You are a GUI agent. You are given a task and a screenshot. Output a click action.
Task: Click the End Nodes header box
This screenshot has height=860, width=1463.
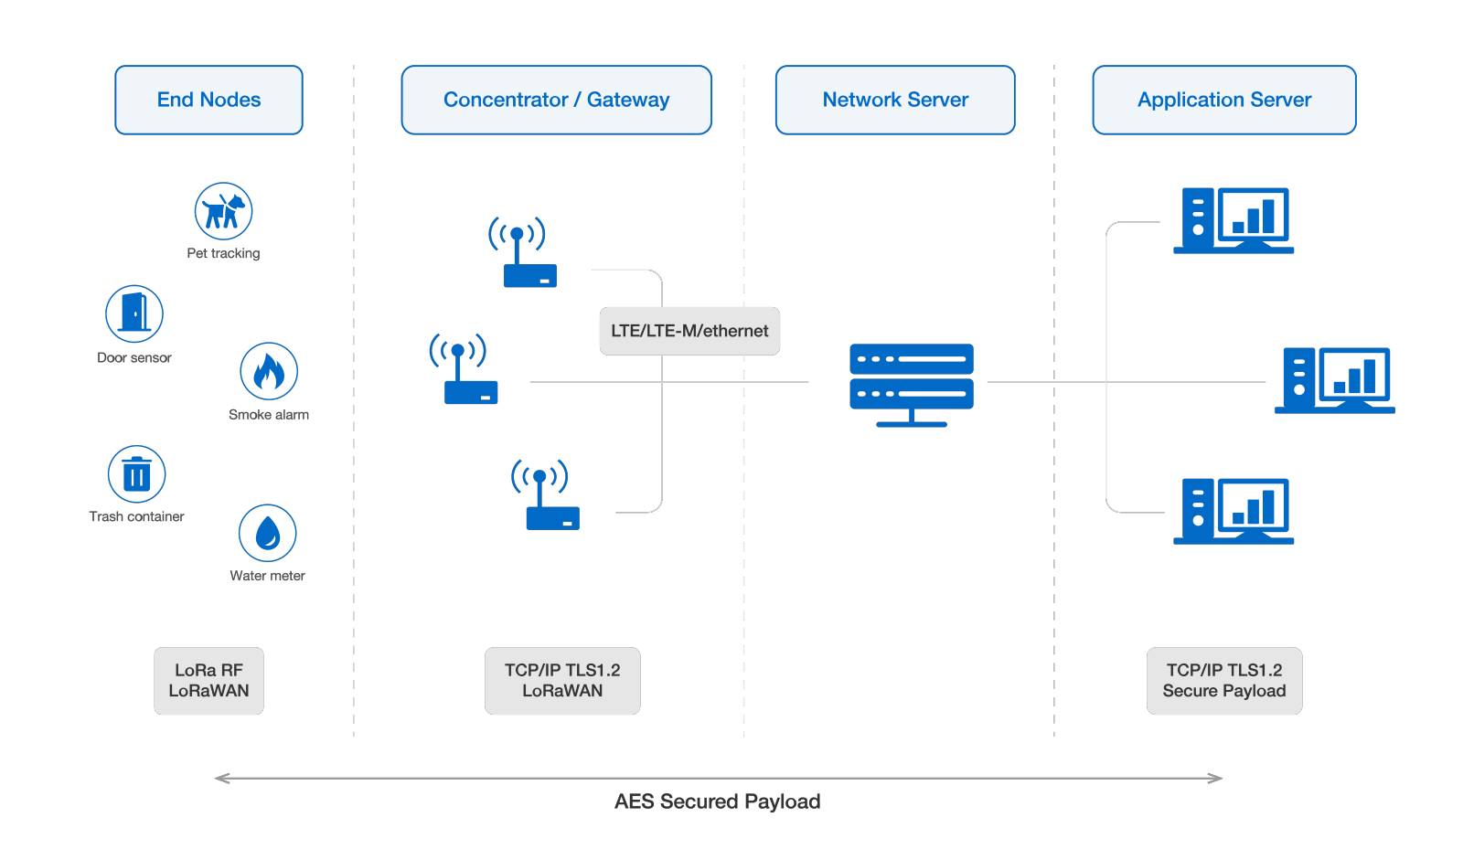(208, 100)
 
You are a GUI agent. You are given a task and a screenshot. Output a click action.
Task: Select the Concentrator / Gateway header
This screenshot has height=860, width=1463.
(556, 100)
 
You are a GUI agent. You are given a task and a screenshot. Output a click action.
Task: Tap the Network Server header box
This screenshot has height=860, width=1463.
(895, 100)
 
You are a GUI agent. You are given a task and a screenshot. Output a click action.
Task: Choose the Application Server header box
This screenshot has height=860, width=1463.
(1223, 100)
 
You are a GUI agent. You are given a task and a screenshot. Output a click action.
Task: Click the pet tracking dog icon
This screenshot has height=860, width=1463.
(223, 211)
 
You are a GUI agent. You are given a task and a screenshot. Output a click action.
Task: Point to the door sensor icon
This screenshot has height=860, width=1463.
(134, 313)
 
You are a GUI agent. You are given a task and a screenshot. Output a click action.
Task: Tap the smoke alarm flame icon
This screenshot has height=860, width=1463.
(269, 371)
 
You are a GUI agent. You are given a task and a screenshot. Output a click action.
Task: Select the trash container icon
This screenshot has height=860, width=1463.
(137, 474)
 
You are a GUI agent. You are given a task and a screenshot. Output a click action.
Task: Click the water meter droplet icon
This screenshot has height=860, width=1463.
(267, 533)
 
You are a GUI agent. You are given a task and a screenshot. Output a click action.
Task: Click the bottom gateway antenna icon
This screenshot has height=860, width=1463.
(546, 494)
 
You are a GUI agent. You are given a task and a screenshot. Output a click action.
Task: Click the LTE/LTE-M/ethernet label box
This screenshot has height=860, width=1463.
(689, 331)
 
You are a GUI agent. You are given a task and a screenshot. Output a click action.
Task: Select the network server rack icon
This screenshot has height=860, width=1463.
(912, 384)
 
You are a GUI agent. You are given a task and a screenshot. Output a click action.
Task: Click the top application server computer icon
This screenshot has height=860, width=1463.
(1233, 220)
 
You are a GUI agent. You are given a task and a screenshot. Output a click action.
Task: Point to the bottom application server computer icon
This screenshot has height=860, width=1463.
(1233, 511)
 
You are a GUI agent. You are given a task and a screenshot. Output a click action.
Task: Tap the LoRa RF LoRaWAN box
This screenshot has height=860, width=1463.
(208, 681)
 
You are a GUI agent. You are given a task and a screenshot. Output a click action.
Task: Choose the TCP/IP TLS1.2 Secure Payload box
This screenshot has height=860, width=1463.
(1223, 681)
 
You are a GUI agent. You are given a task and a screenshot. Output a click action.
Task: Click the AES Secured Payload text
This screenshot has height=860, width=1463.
(717, 802)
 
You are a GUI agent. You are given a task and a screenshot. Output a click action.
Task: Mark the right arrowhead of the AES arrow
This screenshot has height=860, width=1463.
(1216, 779)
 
